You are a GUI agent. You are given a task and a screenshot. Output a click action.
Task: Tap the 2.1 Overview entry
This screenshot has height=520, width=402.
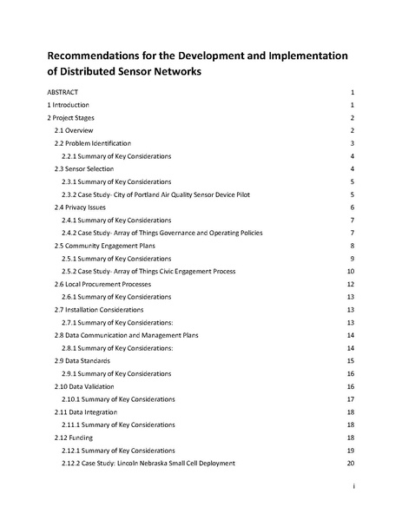(74, 129)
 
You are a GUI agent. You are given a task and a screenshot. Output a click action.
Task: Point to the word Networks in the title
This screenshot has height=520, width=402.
(169, 73)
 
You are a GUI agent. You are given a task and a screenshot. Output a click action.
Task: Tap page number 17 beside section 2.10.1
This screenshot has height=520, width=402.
(350, 399)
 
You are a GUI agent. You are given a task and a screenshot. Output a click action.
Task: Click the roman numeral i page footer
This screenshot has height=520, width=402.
(354, 489)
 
